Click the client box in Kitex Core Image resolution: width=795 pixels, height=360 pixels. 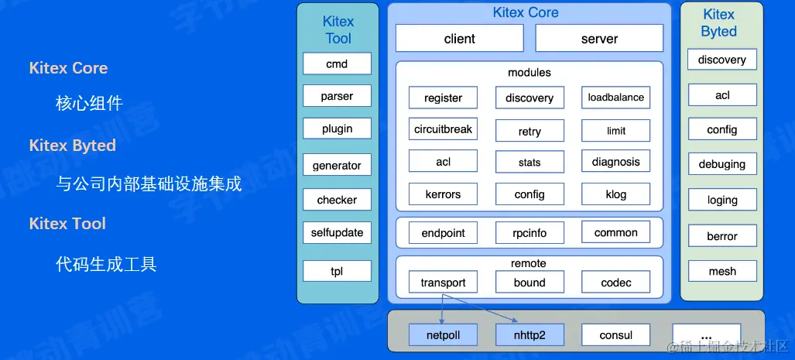click(460, 39)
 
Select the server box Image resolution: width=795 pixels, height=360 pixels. click(599, 39)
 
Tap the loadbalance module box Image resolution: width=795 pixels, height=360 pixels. click(615, 98)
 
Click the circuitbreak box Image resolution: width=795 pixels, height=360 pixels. click(443, 129)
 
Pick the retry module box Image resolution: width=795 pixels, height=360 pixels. click(529, 132)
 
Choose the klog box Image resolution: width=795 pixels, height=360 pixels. click(615, 194)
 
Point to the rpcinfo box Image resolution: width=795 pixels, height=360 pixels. click(529, 232)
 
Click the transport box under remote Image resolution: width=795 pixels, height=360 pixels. click(443, 283)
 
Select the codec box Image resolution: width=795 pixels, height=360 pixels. click(615, 283)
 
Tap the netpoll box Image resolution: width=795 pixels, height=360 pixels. click(443, 335)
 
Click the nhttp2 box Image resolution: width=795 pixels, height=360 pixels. click(529, 335)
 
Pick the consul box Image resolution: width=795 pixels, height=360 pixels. click(615, 335)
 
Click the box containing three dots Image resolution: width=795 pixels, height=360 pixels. click(706, 335)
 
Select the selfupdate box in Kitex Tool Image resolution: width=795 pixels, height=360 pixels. click(337, 232)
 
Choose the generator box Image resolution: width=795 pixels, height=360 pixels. click(337, 166)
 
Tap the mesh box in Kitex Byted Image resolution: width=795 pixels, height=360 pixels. click(721, 272)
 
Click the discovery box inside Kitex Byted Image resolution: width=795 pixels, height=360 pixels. click(721, 60)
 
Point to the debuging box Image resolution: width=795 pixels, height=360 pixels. click(721, 164)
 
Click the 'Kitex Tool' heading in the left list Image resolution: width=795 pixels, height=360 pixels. click(67, 224)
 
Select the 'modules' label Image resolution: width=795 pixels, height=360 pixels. click(529, 73)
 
